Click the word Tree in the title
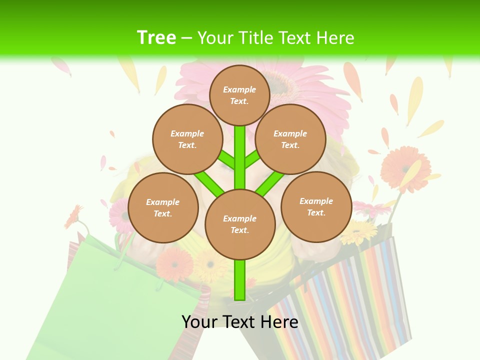tap(156, 37)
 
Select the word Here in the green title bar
tap(335, 38)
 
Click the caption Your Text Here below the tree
tap(239, 322)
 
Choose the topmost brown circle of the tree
tap(239, 95)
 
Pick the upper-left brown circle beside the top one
tap(187, 139)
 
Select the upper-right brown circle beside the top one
tap(290, 139)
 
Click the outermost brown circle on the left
tap(163, 208)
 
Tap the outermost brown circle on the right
tap(316, 207)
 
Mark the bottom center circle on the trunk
tap(240, 224)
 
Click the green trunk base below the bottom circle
tap(240, 280)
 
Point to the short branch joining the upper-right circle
tap(252, 160)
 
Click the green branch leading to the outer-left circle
tap(209, 183)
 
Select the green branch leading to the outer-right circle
tap(270, 183)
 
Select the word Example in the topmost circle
tap(239, 89)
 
